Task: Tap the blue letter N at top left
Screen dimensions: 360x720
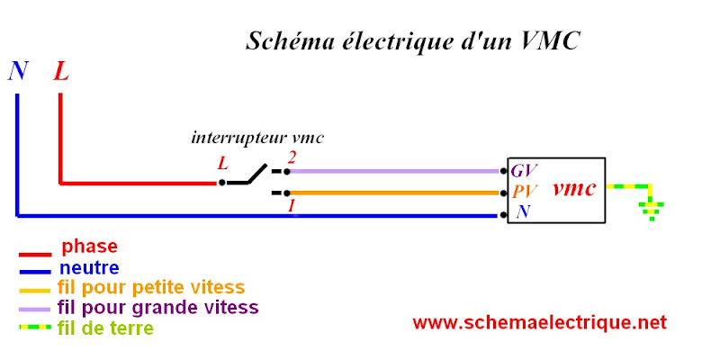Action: pos(17,71)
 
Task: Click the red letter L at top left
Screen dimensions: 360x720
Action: pos(60,71)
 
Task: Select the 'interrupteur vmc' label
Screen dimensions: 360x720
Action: pos(257,139)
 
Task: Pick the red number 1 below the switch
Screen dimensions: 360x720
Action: pos(290,206)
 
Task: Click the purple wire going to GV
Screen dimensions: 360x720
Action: pos(396,171)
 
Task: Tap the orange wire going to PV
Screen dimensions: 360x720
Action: pos(396,193)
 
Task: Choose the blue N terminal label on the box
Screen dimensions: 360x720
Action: pos(522,213)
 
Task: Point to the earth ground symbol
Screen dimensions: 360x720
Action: pos(651,211)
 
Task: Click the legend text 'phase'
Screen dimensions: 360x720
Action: pos(89,246)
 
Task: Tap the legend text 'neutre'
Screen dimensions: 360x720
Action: pos(89,267)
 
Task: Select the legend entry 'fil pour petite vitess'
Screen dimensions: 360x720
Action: pos(150,288)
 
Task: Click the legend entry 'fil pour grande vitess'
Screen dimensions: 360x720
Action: pos(157,308)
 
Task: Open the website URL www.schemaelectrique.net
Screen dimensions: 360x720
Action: pos(540,322)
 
